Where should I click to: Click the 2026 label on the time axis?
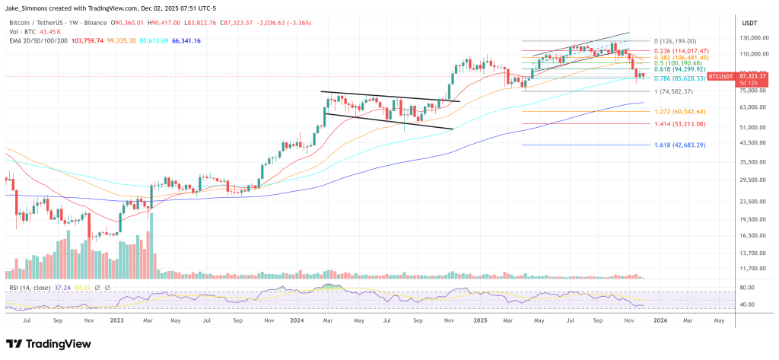(x=660, y=321)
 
